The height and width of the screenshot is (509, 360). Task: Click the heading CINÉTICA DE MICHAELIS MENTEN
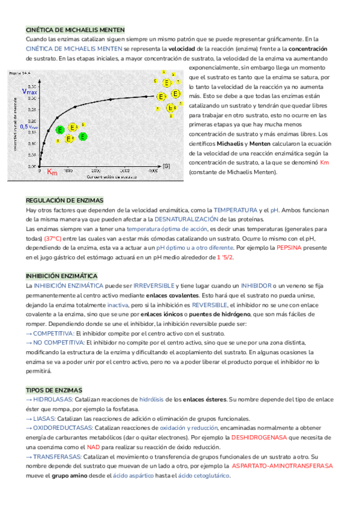[75, 29]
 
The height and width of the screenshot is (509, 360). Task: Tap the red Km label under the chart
[52, 172]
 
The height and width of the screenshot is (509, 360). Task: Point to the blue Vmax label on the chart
[29, 92]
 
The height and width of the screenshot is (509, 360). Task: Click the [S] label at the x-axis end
[166, 165]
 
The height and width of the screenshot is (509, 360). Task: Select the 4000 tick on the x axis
[153, 171]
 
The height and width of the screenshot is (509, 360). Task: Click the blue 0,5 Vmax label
[28, 127]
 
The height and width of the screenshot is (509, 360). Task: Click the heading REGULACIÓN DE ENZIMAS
[65, 200]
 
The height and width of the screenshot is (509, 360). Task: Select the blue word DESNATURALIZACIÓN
[173, 220]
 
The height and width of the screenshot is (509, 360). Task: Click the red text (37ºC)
[53, 238]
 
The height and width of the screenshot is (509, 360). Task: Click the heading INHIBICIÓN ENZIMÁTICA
[61, 276]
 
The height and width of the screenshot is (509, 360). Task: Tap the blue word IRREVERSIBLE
[153, 286]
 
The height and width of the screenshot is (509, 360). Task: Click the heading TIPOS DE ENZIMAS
[54, 390]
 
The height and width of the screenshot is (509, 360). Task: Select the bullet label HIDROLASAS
[53, 400]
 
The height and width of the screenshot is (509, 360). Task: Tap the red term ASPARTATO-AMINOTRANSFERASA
[282, 466]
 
